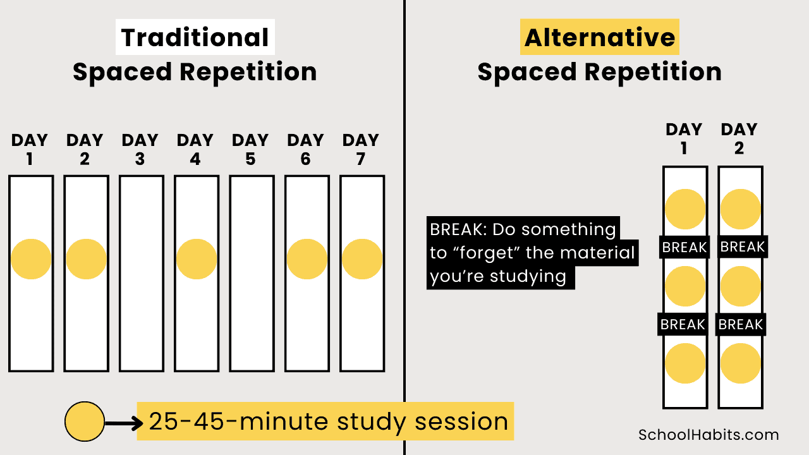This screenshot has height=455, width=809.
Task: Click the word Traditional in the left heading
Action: coord(195,38)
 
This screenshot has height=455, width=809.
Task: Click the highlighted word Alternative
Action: coord(599,38)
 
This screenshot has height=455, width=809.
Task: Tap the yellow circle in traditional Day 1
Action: coord(31,259)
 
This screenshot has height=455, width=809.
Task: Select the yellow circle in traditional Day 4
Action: coord(197,259)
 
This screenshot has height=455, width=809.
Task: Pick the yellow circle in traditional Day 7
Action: coord(362,259)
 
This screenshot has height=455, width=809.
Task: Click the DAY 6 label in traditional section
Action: coord(306,149)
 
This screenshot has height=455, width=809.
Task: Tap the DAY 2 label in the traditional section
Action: coord(85,149)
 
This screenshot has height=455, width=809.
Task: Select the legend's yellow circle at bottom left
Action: coord(85,422)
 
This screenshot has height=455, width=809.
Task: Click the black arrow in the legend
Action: coord(124,422)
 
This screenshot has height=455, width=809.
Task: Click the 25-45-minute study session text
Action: coord(328,422)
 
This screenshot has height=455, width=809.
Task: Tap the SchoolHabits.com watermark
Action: coord(709,435)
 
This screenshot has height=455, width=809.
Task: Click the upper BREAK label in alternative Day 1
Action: coord(684,247)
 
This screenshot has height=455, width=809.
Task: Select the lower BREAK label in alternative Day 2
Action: coord(740,325)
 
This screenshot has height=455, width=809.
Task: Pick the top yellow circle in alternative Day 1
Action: coord(685,209)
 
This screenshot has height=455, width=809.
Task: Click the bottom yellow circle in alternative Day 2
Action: coord(740,363)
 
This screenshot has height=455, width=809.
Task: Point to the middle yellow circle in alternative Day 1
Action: coord(685,286)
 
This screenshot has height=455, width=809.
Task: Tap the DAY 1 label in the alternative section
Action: coord(684,139)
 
